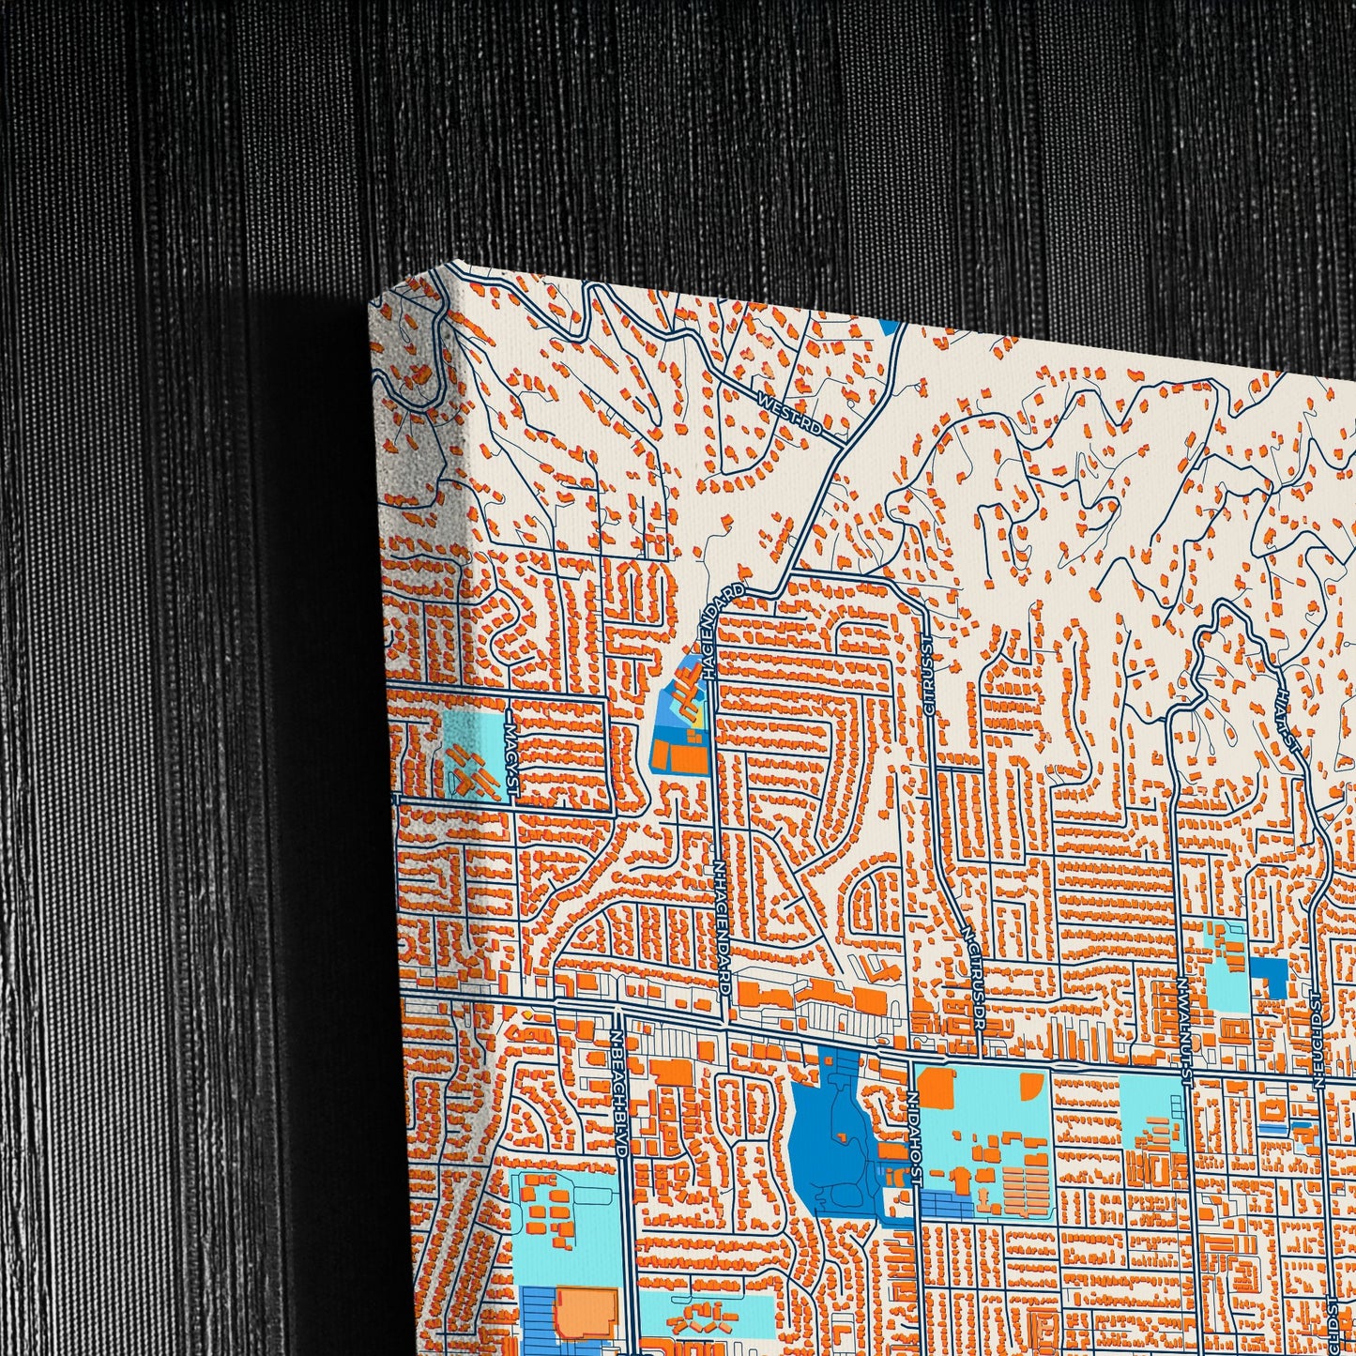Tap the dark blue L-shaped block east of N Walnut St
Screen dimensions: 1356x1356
(1272, 976)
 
